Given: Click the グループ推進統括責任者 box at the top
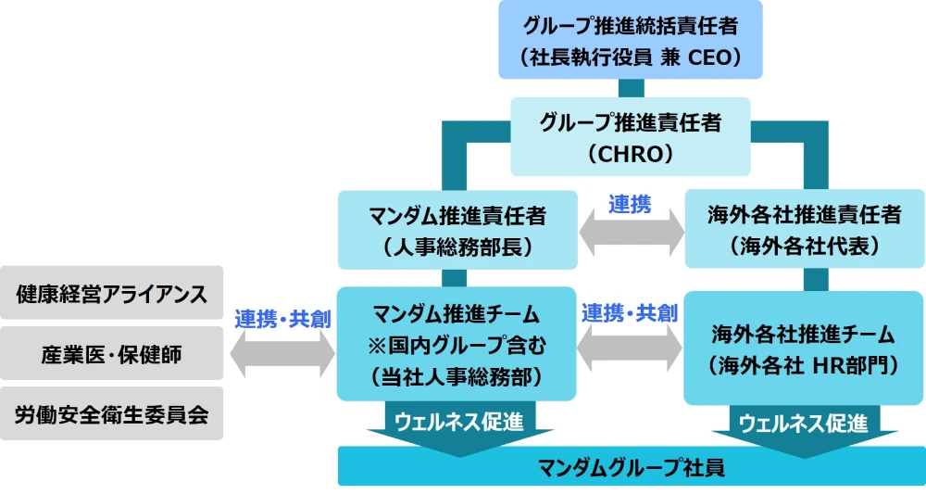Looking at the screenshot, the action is (630, 40).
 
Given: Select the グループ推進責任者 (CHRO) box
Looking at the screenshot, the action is (630, 136).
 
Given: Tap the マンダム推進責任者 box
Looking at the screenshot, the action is (457, 230).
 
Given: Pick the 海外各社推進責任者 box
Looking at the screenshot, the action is (805, 229).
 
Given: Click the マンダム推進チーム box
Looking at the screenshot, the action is (457, 344).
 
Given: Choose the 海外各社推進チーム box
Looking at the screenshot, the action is (805, 348).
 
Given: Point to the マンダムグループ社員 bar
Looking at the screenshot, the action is (632, 466).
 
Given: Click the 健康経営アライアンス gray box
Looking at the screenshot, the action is (112, 293).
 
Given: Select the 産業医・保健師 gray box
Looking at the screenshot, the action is (112, 353).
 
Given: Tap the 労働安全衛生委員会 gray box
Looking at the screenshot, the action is (112, 413).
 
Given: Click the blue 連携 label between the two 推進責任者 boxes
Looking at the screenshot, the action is (630, 205).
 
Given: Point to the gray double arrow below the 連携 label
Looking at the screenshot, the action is (632, 234).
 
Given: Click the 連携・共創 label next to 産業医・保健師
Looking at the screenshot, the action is (282, 319).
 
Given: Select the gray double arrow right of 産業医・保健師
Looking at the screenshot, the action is (282, 354).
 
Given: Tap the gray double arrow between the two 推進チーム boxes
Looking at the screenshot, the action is (630, 348).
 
